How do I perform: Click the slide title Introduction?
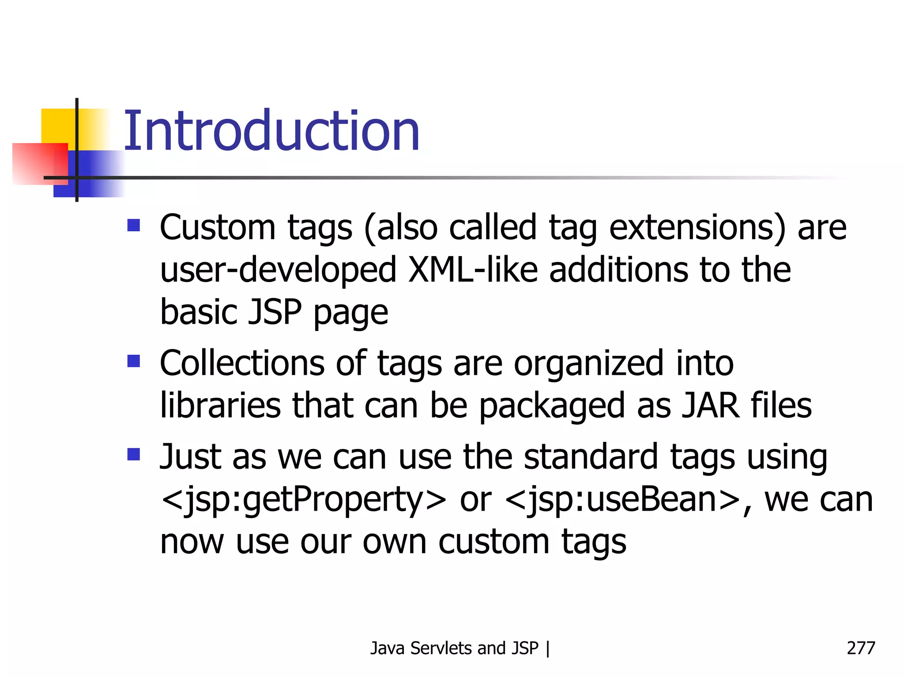tap(271, 131)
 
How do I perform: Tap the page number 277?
tap(860, 648)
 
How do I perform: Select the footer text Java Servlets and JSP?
tap(454, 648)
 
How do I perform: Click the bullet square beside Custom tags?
tap(133, 226)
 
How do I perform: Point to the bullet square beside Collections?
tap(133, 361)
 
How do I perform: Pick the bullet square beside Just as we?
tap(133, 454)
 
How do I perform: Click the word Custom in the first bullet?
tap(218, 228)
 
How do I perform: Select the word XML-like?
tap(473, 270)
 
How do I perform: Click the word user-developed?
tap(278, 270)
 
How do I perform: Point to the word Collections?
tap(242, 363)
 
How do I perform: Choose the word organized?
tap(588, 363)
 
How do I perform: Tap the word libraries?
tap(220, 406)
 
